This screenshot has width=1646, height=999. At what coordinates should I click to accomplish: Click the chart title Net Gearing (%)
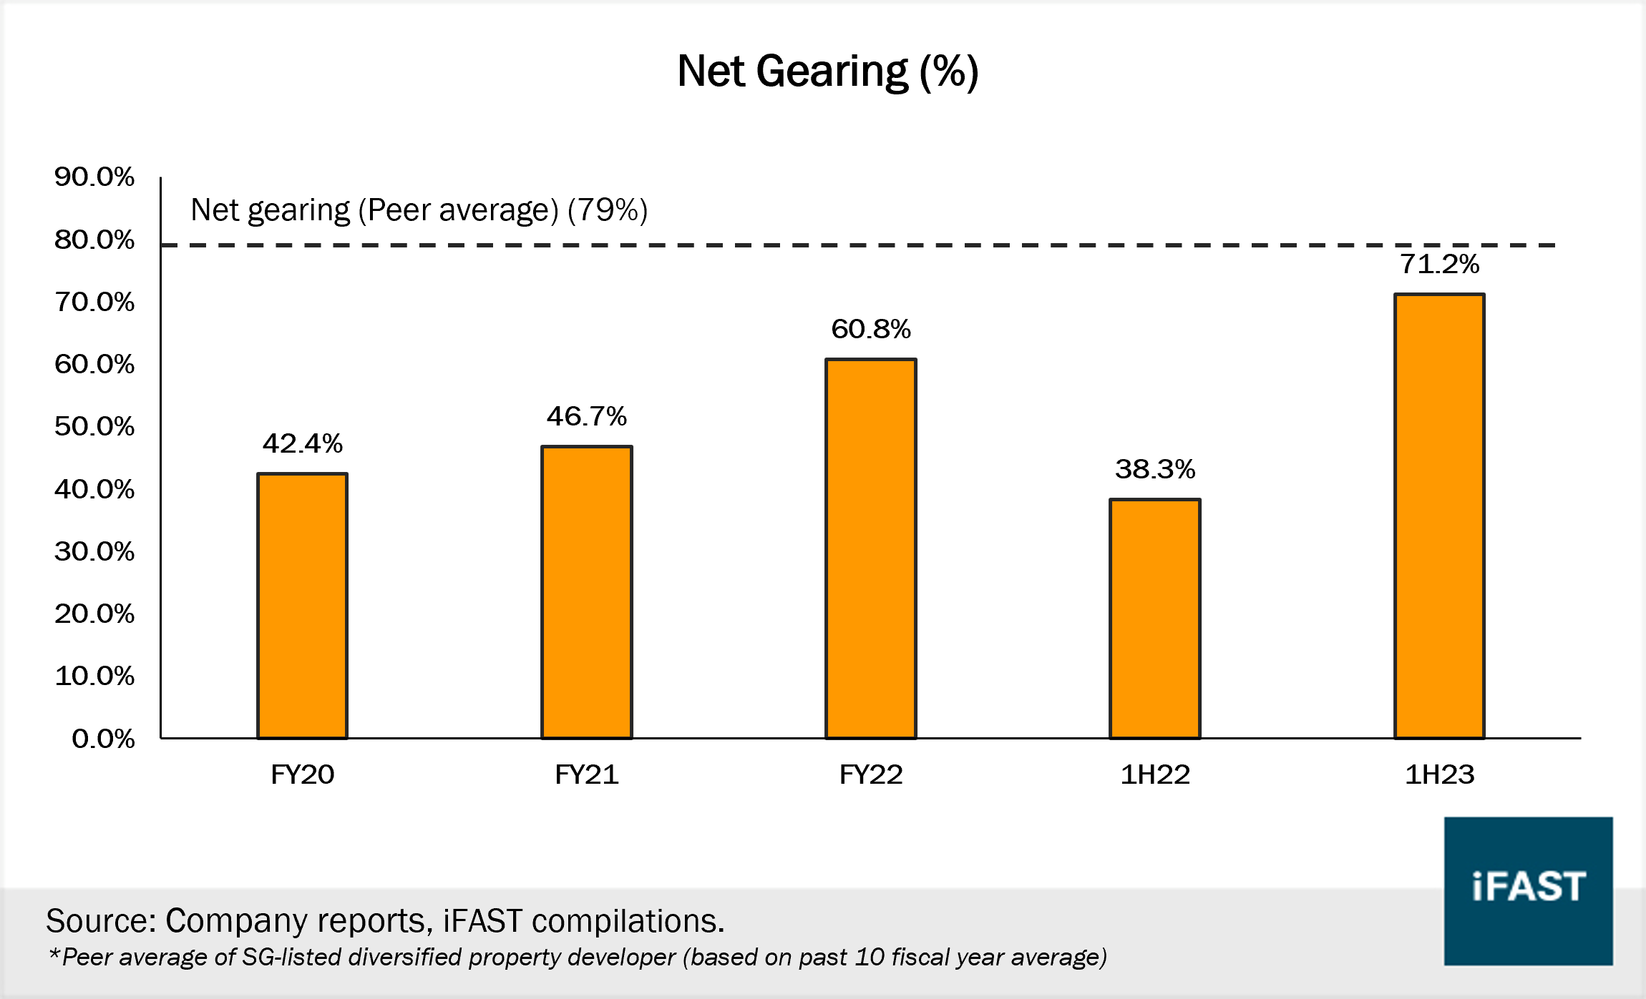click(x=827, y=72)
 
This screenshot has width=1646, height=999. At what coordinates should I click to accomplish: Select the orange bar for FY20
click(x=303, y=606)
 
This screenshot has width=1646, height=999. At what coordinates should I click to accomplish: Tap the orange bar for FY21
click(x=587, y=592)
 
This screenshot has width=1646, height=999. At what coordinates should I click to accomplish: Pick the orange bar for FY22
click(x=871, y=548)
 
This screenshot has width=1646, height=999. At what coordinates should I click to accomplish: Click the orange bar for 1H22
click(x=1155, y=619)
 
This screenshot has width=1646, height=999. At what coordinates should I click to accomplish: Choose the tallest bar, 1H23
click(x=1439, y=516)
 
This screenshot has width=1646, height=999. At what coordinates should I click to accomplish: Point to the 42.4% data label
click(x=303, y=444)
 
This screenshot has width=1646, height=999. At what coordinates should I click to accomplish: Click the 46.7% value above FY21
click(x=587, y=417)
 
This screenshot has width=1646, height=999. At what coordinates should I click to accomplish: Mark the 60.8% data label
click(x=871, y=330)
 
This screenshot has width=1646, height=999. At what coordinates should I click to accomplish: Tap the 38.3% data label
click(x=1155, y=470)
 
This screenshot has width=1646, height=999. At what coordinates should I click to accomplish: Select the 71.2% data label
click(x=1439, y=265)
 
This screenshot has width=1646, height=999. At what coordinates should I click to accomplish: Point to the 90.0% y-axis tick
click(x=94, y=177)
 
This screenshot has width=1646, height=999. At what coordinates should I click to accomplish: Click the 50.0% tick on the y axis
click(x=94, y=426)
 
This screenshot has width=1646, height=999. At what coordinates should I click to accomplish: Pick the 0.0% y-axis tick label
click(x=103, y=739)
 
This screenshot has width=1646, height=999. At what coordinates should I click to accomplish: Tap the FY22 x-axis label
click(x=871, y=774)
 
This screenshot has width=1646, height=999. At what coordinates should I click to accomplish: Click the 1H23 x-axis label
click(x=1439, y=774)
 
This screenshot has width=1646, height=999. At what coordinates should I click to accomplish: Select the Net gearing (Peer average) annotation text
click(x=419, y=210)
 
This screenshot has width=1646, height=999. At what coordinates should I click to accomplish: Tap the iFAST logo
click(x=1528, y=891)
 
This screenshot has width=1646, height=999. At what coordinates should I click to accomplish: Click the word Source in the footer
click(x=100, y=921)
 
